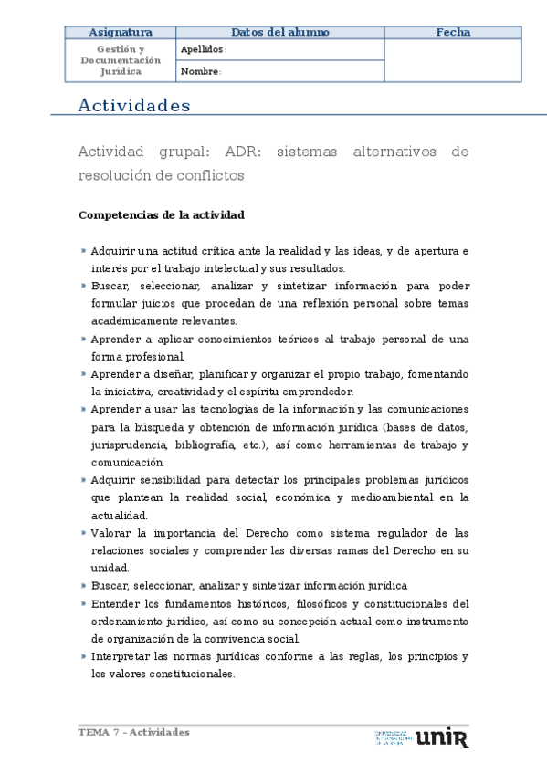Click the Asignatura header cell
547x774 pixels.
(121, 33)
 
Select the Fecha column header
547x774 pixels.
(453, 33)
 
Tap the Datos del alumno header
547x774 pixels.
(279, 33)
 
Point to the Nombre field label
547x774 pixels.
(201, 71)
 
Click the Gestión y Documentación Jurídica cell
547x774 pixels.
(121, 59)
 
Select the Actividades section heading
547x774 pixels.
(134, 106)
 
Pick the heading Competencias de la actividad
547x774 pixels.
(162, 215)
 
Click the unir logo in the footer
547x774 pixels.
(441, 737)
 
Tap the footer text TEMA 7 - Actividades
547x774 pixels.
(134, 732)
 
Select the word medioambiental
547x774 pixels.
(388, 497)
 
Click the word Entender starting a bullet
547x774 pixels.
(116, 603)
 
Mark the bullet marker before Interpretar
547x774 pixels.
(83, 656)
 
